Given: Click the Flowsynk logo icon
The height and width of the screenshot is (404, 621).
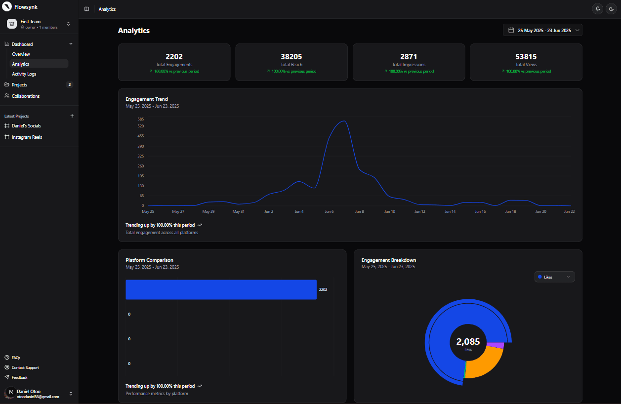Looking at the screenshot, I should [x=7, y=7].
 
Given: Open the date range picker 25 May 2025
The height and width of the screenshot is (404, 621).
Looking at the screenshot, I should [x=542, y=30].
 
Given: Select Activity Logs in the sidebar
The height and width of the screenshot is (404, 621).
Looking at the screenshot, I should [x=24, y=74].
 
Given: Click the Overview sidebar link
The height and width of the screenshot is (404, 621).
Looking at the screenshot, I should [x=21, y=54].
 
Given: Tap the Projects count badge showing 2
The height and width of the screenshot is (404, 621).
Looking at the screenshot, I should [x=70, y=85].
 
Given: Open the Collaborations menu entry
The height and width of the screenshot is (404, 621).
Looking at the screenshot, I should [x=26, y=96].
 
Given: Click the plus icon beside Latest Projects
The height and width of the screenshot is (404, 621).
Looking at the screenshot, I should [x=72, y=116].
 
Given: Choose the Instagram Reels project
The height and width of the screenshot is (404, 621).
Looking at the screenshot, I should [x=27, y=137].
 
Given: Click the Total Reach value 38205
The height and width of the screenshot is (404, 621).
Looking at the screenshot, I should [x=291, y=57].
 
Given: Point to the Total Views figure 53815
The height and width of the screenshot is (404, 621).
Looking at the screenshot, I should [x=526, y=57].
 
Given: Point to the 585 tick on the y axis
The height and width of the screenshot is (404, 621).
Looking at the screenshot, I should [x=141, y=119].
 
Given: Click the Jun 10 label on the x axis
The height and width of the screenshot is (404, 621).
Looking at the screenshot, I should [x=390, y=211].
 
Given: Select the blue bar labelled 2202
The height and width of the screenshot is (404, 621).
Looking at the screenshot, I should [x=221, y=289].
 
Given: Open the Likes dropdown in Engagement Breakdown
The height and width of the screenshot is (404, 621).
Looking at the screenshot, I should [x=554, y=277].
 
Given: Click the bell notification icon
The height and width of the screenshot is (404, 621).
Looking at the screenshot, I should [x=598, y=9].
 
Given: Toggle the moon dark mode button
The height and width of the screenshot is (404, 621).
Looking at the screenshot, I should [x=612, y=9].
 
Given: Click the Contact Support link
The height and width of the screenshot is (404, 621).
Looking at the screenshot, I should [x=25, y=367].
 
